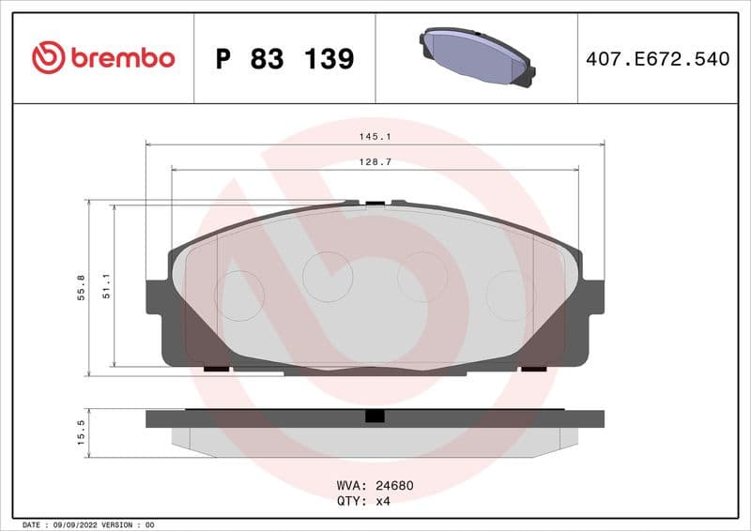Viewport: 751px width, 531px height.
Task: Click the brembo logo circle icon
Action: pos(48,58)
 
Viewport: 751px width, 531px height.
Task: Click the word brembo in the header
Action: pos(122,58)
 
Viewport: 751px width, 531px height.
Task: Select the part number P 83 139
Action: pos(284,59)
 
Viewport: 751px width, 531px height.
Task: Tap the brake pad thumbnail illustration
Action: pos(476,55)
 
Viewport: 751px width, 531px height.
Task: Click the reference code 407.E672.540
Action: pos(657,59)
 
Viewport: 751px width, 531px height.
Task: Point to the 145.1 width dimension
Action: pos(375,137)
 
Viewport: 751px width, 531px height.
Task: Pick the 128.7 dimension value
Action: pos(375,162)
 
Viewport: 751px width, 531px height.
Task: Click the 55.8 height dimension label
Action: pos(82,286)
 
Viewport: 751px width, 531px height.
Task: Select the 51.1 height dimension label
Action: pos(107,286)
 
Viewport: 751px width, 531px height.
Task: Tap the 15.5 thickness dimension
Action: pos(82,432)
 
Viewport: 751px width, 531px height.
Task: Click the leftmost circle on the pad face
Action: pos(239,295)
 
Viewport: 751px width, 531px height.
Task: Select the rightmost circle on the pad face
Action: pos(511,295)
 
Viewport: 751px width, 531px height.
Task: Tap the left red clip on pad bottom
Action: pos(216,369)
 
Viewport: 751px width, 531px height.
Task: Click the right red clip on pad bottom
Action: pos(534,369)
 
